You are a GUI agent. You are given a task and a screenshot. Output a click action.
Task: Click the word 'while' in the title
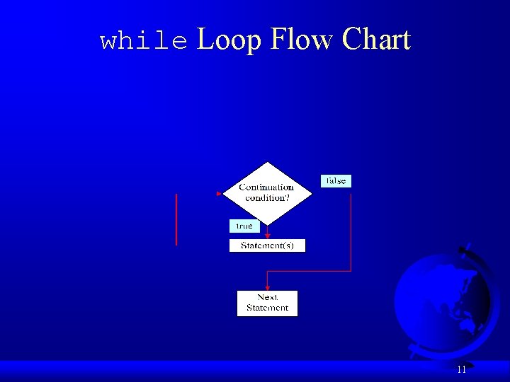coord(144,41)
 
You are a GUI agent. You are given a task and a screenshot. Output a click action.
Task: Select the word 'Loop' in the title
coord(229,40)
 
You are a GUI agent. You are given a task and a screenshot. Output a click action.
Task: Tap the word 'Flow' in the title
coord(301,40)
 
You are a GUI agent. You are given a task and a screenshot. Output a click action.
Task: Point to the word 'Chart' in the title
coord(376,40)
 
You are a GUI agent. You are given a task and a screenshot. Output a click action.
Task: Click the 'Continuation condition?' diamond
coord(267,192)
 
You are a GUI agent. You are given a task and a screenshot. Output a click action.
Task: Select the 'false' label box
coord(336,181)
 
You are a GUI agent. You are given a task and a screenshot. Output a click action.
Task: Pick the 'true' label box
coord(244,226)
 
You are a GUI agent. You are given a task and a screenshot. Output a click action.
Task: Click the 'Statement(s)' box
coord(267,245)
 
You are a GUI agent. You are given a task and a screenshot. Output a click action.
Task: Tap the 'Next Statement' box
coord(267,303)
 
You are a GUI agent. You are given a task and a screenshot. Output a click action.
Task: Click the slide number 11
coord(461,369)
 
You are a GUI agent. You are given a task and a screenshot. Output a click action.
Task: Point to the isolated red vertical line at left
coord(176,219)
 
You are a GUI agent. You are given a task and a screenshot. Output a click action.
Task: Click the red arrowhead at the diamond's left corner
coord(220,192)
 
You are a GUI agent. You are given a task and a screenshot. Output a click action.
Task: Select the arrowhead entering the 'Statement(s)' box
coord(267,236)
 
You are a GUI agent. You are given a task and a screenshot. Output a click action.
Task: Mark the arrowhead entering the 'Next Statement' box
coord(267,287)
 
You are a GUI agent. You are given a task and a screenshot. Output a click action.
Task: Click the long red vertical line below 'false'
coord(351,232)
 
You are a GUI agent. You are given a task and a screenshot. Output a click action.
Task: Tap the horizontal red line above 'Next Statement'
coord(308,271)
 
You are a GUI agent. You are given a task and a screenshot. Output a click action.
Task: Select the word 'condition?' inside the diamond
coord(267,198)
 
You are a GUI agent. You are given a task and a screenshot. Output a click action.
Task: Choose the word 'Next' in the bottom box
coord(267,298)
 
